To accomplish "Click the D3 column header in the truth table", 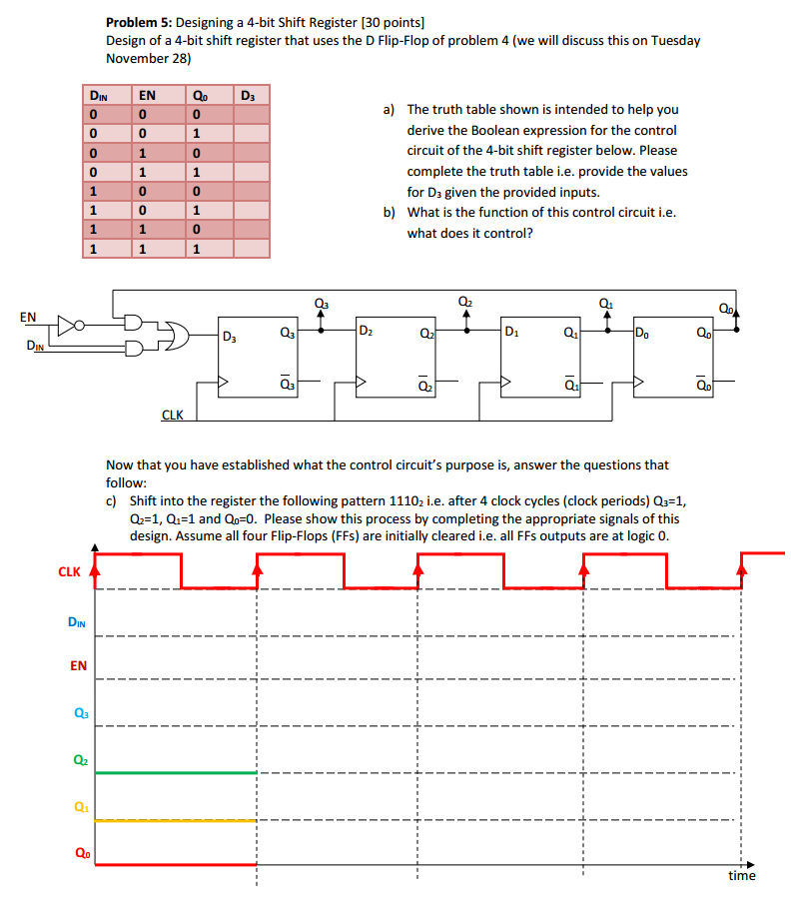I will [247, 96].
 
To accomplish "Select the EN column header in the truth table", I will [147, 96].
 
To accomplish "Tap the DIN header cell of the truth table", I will [98, 96].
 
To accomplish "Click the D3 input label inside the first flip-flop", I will [230, 336].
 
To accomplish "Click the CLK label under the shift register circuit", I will [172, 415].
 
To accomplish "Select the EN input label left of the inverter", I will [28, 317].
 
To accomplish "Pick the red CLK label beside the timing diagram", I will [69, 572].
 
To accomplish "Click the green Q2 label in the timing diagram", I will [78, 758].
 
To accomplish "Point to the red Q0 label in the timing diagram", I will [78, 852].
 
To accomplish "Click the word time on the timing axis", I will [741, 876].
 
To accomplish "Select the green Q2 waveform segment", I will [175, 772].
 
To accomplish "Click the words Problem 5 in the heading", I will [138, 22].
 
